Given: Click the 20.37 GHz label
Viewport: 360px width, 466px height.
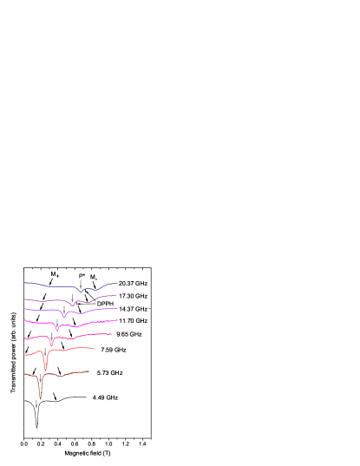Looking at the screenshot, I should click(133, 284).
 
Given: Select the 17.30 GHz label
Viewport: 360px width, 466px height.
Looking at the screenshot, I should click(133, 296).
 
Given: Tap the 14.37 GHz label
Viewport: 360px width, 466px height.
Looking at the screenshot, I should click(133, 309).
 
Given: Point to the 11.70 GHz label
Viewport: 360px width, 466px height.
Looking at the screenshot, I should click(133, 321).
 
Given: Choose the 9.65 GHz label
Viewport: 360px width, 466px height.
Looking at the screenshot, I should click(128, 334).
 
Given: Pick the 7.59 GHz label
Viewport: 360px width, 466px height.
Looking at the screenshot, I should click(113, 350).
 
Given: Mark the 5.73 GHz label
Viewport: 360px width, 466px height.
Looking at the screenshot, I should click(109, 372).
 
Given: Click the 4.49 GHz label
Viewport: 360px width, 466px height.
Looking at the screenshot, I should click(105, 397).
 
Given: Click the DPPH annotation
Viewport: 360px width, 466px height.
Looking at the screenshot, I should click(105, 304).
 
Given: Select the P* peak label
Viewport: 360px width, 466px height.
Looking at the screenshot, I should click(82, 276).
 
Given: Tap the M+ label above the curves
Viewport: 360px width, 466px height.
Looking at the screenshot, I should click(55, 275).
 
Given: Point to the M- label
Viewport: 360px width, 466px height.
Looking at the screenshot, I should click(94, 278).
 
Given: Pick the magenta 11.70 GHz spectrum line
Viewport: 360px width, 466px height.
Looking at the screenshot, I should click(87, 322).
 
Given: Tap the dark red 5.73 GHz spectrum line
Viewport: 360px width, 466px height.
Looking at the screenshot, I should click(69, 374).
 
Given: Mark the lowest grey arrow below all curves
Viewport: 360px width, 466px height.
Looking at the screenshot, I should click(36, 404).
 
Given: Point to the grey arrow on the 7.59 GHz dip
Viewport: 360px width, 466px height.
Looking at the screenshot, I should click(45, 351).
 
